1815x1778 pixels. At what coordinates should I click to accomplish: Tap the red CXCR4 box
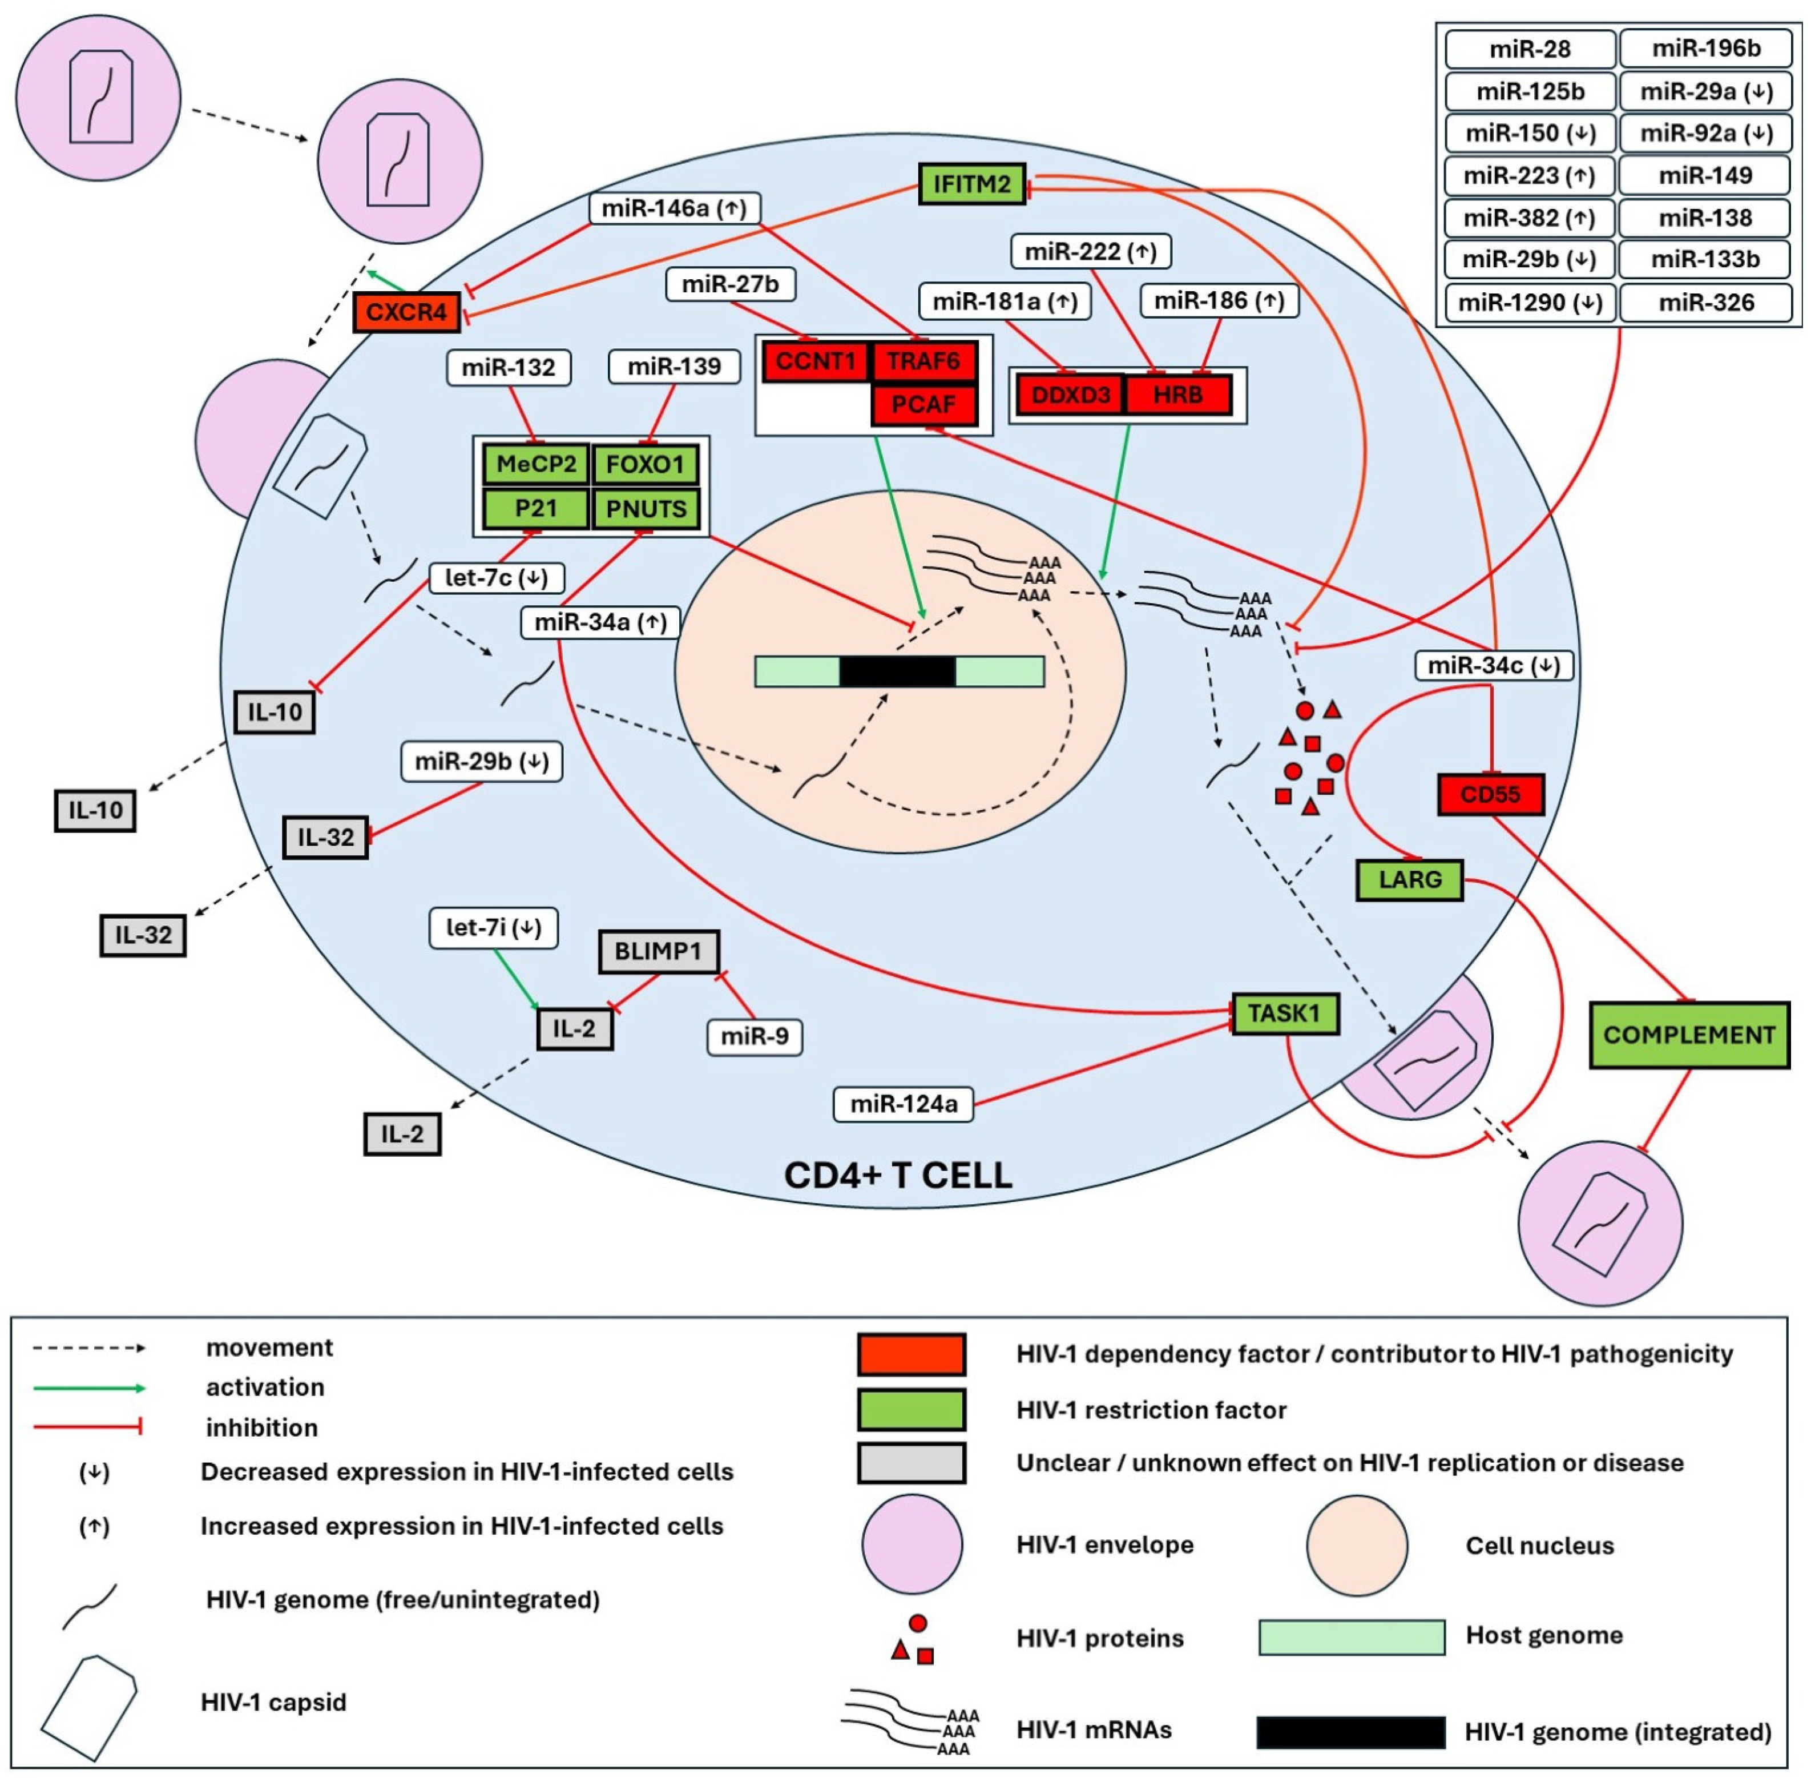406,312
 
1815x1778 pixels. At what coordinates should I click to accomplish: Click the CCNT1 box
815,361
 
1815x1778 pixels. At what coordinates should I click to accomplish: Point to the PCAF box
923,404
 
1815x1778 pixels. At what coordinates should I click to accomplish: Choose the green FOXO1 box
645,464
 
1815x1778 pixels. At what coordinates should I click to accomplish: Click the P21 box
536,508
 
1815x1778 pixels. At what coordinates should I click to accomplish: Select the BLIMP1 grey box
658,951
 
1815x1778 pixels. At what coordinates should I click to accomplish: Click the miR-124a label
903,1104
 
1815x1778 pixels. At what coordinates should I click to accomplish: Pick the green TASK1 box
1285,1013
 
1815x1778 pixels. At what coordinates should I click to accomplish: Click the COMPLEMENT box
1688,1035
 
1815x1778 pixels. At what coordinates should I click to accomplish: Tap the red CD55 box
1490,795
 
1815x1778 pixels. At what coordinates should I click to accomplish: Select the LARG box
1409,880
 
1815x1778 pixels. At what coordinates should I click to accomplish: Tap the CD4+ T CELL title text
897,1174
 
